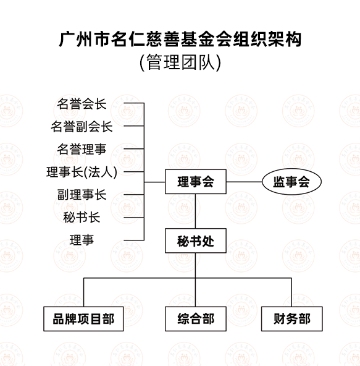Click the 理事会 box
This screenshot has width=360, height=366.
[196, 182]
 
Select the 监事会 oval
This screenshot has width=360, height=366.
[291, 182]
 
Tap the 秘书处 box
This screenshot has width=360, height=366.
[196, 240]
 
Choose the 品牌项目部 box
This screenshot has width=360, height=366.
[83, 319]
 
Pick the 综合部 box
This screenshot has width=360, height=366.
[196, 319]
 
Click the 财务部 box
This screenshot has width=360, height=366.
[292, 319]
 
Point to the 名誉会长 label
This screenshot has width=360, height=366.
[82, 104]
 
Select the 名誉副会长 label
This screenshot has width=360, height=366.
[82, 127]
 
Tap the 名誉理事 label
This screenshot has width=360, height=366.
[82, 149]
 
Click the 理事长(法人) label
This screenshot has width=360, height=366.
[82, 172]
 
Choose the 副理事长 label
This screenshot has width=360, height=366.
[82, 195]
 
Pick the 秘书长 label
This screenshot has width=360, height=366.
[82, 218]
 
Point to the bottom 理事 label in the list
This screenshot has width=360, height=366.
[82, 240]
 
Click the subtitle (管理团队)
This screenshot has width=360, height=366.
[180, 62]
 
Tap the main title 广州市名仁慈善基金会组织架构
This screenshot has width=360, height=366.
[180, 39]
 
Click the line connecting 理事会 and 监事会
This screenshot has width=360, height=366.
[244, 182]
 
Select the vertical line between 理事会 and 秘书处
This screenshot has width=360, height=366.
[195, 211]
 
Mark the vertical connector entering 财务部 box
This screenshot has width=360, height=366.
[291, 292]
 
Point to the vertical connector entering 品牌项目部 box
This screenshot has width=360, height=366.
[84, 292]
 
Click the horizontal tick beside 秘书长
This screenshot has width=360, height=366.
[134, 218]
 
